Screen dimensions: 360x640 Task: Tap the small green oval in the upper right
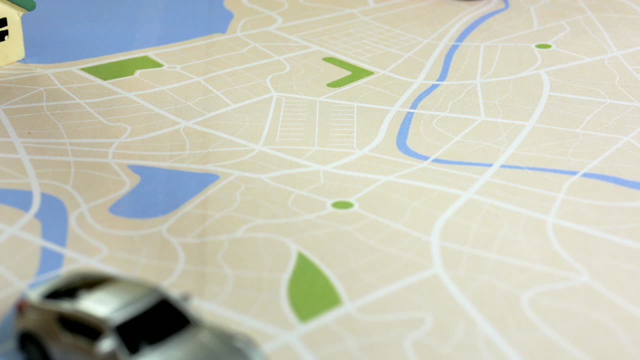tap(543, 46)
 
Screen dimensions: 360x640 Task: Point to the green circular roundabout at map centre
tap(342, 205)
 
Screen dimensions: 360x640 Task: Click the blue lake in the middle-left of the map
tap(160, 192)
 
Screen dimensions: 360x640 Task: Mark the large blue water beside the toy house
tap(125, 27)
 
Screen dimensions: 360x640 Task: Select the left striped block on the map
tap(295, 120)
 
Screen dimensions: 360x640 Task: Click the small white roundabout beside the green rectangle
tap(171, 67)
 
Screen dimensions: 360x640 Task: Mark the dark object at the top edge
tap(467, 1)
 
